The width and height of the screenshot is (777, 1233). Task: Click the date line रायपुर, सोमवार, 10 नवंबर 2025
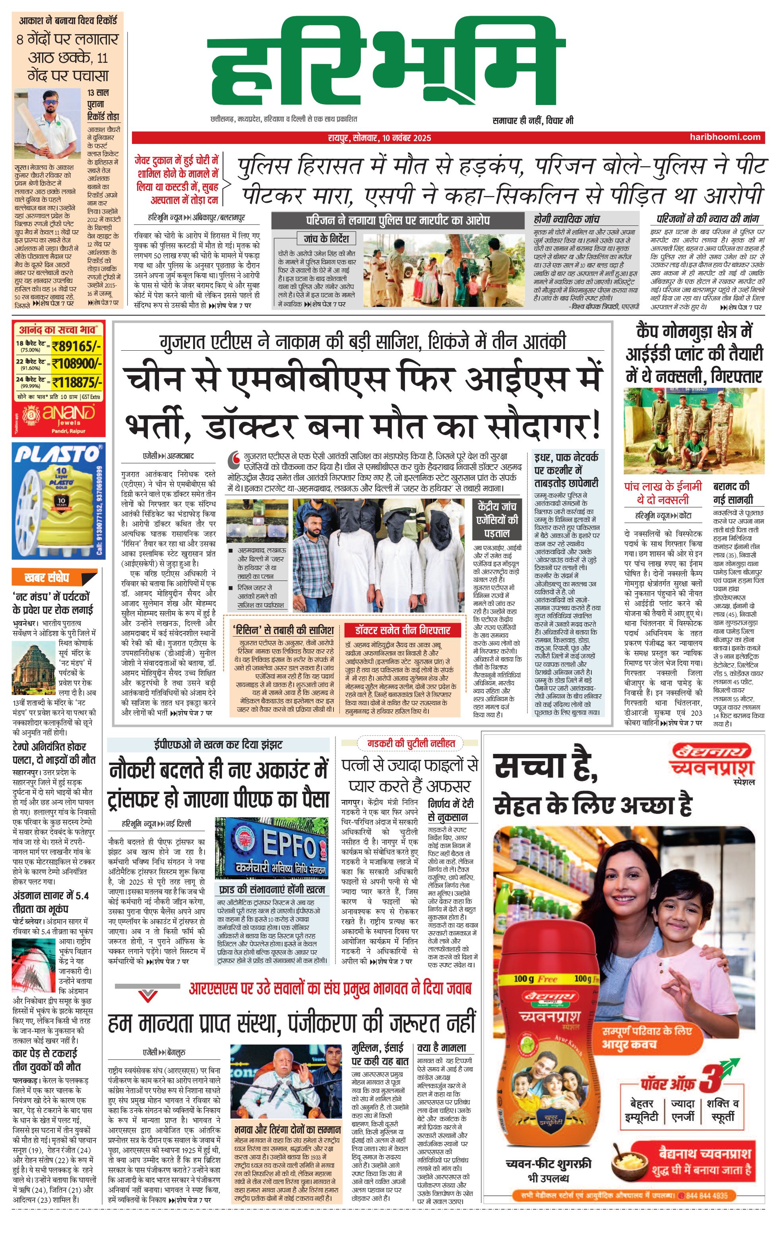coord(379,137)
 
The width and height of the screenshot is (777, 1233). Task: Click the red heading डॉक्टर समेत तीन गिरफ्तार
coord(402,630)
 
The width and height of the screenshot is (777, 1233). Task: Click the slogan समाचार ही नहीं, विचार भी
coord(532,121)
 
